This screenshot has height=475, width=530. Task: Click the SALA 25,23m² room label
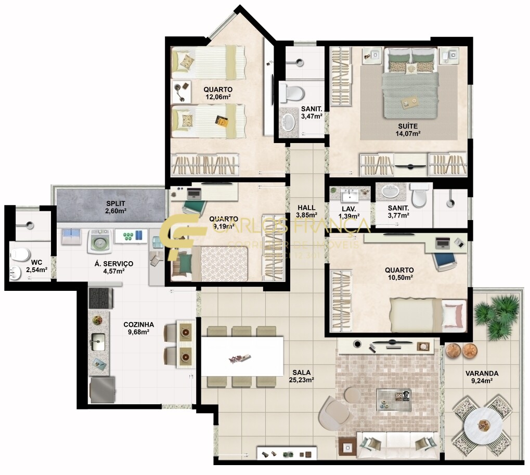pos(301,376)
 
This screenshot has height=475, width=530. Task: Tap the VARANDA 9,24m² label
pos(482,377)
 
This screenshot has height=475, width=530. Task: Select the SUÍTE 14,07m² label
pos(407,130)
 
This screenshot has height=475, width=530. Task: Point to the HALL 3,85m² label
pos(306,211)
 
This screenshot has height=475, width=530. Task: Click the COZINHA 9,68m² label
pos(138,328)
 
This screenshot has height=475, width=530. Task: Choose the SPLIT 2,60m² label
pos(116,207)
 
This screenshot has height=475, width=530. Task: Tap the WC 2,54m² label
pos(36,266)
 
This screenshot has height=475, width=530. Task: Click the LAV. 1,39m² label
pos(348,212)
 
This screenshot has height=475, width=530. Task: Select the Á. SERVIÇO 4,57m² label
pos(113,267)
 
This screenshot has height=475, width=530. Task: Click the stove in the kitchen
pos(101,298)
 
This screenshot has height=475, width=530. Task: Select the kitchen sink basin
pos(98,342)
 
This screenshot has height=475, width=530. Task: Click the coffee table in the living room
pos(394,400)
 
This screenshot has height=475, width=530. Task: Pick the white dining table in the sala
pos(242,356)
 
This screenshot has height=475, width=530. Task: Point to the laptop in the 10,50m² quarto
pos(443,242)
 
